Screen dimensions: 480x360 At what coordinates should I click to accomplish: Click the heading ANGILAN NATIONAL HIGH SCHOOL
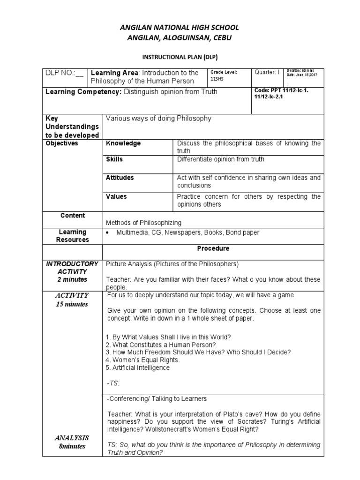(x=180, y=28)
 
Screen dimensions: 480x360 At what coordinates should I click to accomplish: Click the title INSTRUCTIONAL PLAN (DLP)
(x=180, y=57)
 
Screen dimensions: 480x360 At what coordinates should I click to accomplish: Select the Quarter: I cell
(x=267, y=72)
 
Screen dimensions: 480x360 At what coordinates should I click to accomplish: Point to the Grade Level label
(x=224, y=72)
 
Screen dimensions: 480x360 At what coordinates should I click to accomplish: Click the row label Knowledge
(x=123, y=143)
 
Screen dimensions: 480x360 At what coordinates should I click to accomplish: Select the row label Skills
(x=114, y=159)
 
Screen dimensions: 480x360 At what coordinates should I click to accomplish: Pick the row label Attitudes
(x=120, y=178)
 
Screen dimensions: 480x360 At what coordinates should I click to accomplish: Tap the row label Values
(x=116, y=196)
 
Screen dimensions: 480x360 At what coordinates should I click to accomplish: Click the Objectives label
(x=62, y=143)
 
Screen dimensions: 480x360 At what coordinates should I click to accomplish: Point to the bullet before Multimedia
(x=108, y=233)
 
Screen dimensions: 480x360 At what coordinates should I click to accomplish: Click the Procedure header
(x=213, y=248)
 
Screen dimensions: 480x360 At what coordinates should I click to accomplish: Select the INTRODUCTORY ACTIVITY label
(x=72, y=268)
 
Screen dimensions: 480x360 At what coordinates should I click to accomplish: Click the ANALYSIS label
(x=72, y=438)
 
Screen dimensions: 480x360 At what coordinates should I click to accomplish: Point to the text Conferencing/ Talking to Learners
(x=157, y=399)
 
